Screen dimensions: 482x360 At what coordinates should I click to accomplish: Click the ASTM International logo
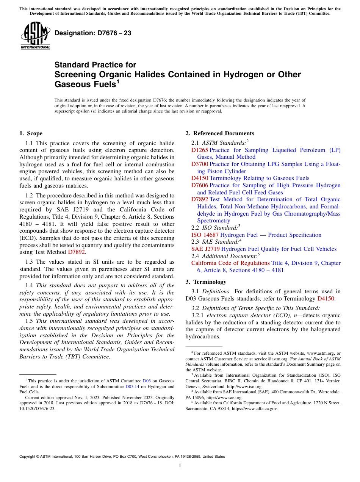coord(35,36)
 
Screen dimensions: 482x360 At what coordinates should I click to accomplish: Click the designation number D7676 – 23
coord(93,33)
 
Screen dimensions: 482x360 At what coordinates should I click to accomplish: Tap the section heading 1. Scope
coord(31,133)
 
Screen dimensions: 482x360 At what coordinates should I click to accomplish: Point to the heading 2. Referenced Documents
coord(220,133)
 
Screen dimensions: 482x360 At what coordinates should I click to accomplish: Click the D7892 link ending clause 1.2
coord(77,252)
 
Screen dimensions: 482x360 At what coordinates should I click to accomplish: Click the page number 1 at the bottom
coord(180,466)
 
